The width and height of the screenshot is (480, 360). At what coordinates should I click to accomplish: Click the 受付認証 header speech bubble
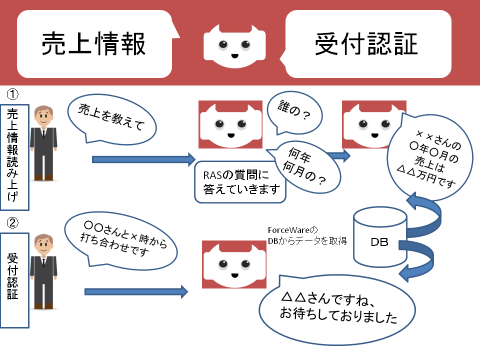(x=367, y=44)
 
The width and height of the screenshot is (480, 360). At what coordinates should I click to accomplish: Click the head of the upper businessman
(x=43, y=117)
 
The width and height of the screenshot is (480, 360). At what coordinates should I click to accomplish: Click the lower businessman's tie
(x=43, y=264)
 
